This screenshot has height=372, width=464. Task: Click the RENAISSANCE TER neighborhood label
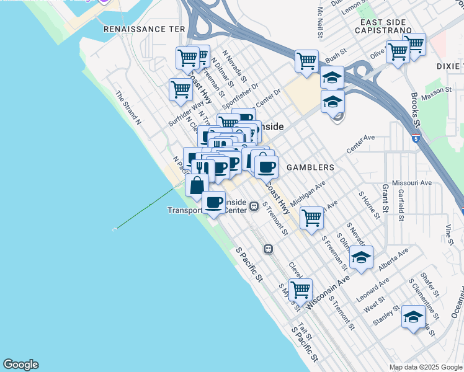(x=144, y=29)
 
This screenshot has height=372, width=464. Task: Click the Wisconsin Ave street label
(x=328, y=285)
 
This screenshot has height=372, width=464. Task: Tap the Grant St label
(x=385, y=197)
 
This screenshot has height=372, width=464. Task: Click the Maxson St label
(x=437, y=91)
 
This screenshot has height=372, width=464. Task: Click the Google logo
(x=20, y=365)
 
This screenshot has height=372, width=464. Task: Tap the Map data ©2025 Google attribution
(x=426, y=367)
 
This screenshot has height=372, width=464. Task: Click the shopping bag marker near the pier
(x=197, y=185)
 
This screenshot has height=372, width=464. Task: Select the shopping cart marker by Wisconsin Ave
(x=300, y=289)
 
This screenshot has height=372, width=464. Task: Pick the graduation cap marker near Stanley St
(x=413, y=317)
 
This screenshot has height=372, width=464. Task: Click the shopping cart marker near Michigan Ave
(x=311, y=217)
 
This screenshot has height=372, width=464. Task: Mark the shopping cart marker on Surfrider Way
(x=181, y=89)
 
